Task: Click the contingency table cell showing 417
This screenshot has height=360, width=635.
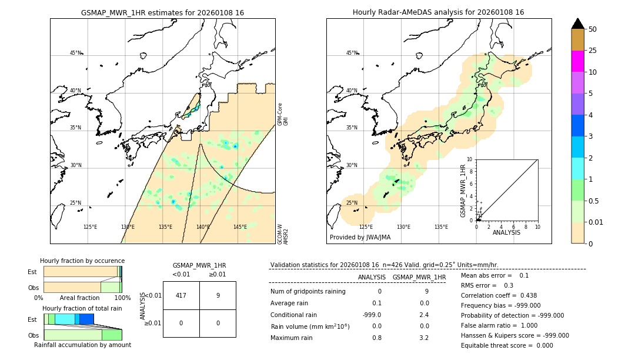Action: [x=181, y=295]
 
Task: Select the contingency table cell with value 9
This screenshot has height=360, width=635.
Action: [x=218, y=295]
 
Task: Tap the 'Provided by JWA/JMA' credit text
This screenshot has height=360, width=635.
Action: [x=360, y=237]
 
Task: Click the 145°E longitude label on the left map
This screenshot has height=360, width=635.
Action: [x=240, y=227]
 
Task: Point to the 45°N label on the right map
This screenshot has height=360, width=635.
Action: [x=352, y=53]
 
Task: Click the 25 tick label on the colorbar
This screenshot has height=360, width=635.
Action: [x=593, y=51]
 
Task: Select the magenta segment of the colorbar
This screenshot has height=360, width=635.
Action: [x=577, y=61]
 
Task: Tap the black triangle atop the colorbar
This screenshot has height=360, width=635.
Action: [x=577, y=24]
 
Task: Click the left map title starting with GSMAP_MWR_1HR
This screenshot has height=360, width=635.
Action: [x=162, y=12]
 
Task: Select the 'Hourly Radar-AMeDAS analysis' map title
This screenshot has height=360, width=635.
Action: [x=438, y=12]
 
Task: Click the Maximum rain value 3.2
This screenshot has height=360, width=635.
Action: [x=424, y=338]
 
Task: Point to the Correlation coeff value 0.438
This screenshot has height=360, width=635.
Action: [x=524, y=295]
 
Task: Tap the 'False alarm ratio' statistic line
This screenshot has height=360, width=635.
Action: [x=499, y=325]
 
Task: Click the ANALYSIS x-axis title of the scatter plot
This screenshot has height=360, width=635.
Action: [x=506, y=232]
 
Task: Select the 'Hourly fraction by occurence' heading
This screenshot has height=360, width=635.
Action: [x=82, y=261]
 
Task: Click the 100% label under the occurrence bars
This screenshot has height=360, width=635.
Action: [x=122, y=298]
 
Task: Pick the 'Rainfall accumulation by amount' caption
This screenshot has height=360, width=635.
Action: [x=82, y=345]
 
